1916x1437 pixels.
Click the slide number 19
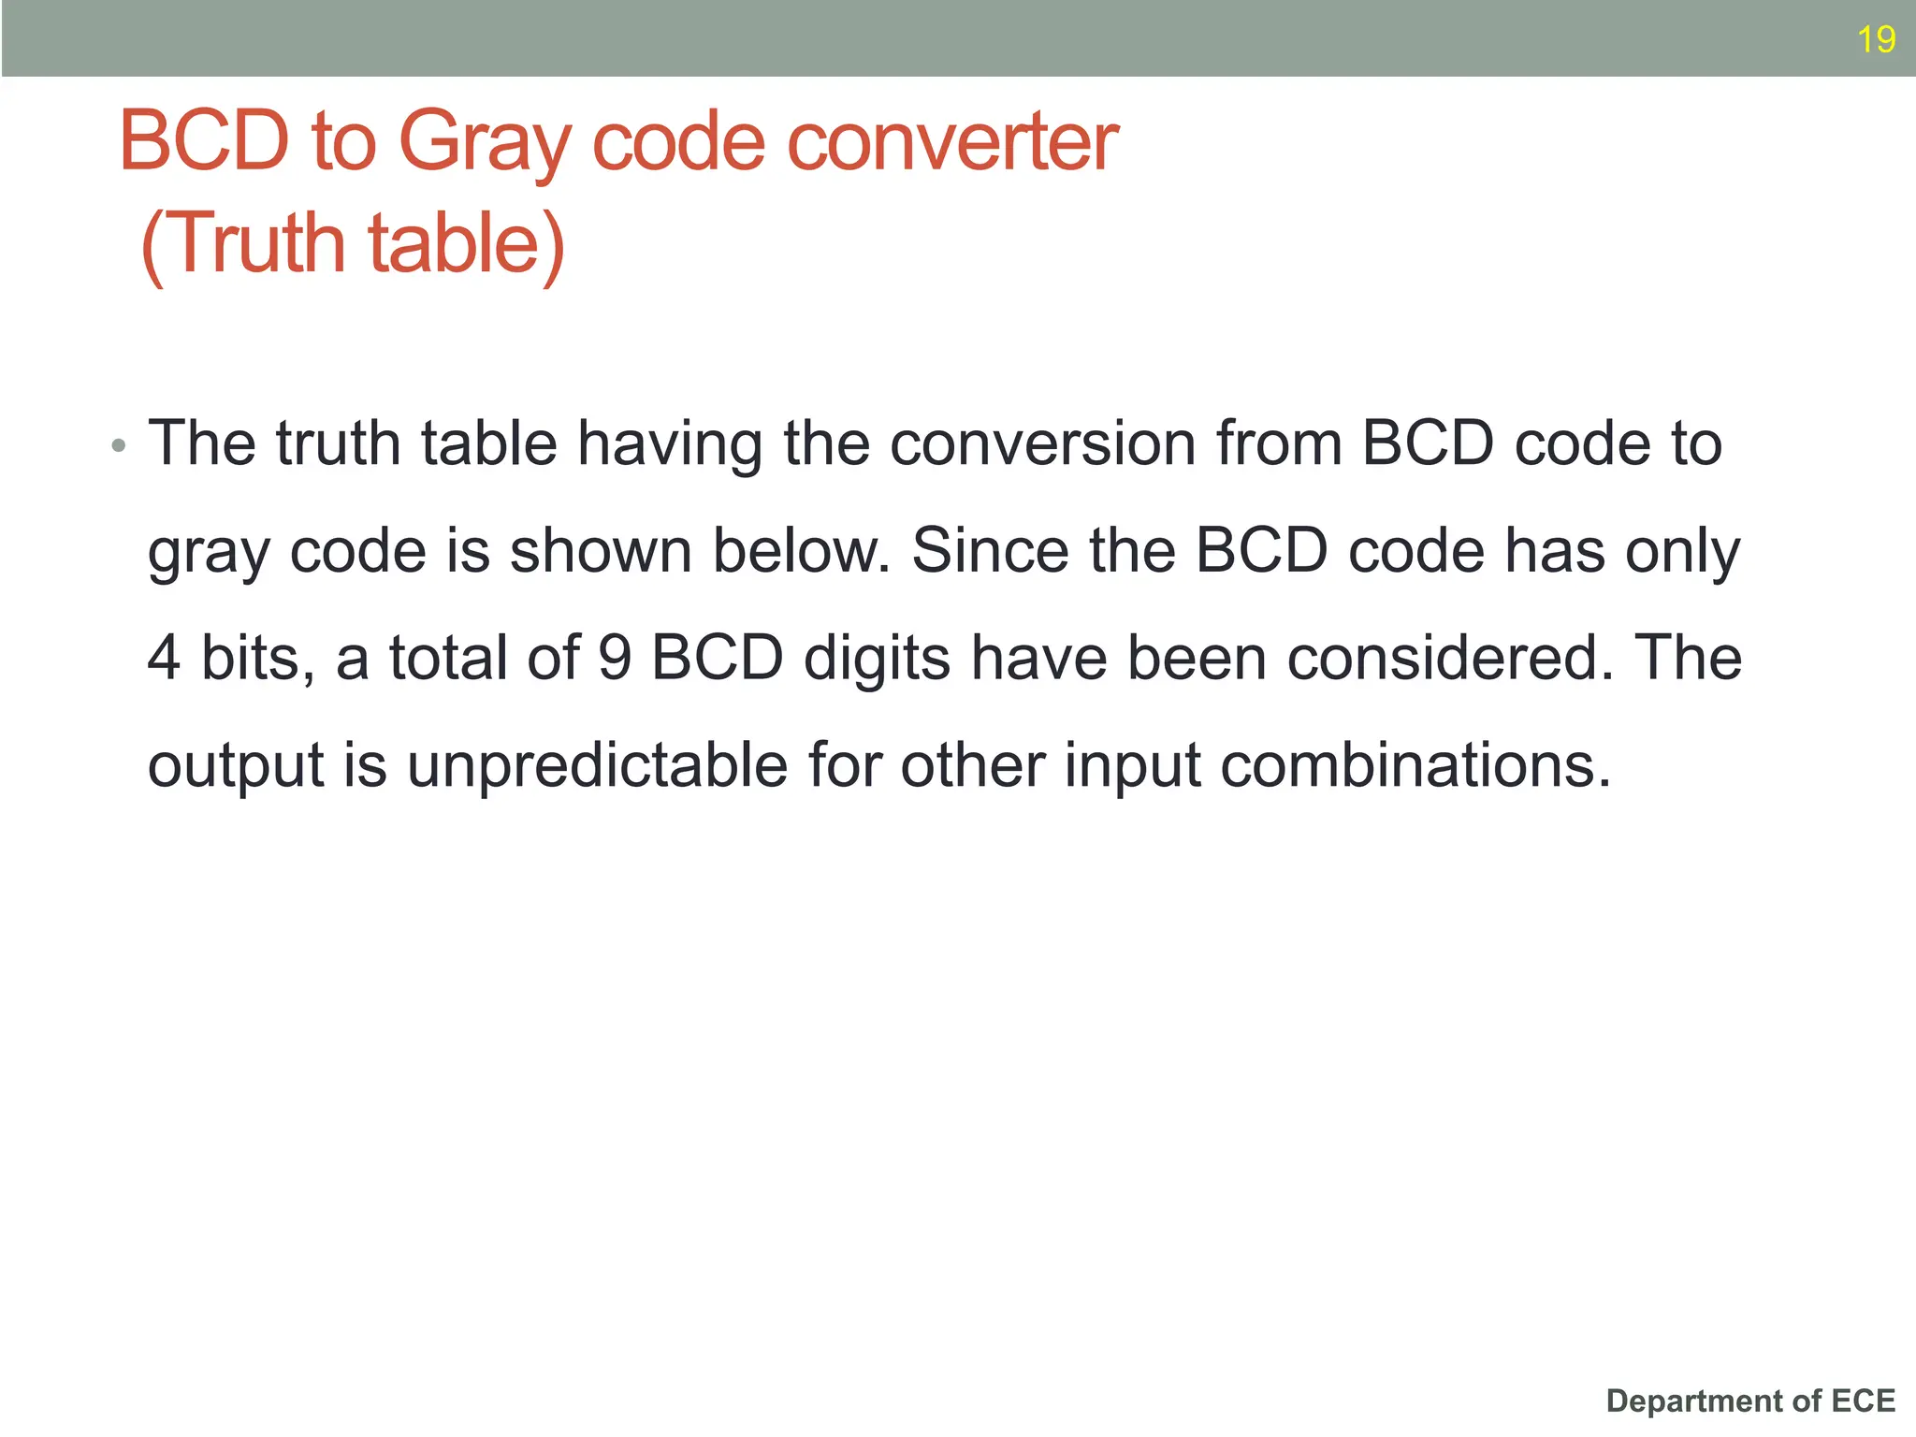[1876, 40]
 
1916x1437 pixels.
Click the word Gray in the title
[484, 142]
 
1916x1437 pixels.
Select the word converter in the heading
[953, 142]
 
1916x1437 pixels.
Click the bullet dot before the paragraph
[118, 445]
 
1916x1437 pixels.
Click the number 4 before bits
[164, 658]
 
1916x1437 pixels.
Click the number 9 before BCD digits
[615, 658]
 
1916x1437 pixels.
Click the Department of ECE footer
[1750, 1401]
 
